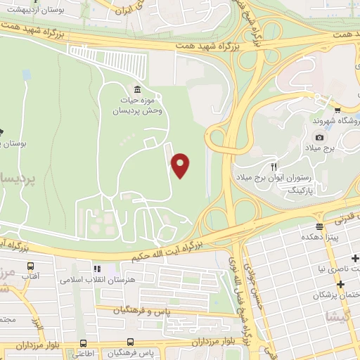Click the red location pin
pyautogui.click(x=181, y=165)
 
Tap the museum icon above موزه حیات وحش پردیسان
pyautogui.click(x=136, y=89)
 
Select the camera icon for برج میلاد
pyautogui.click(x=319, y=138)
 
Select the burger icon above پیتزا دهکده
pyautogui.click(x=319, y=226)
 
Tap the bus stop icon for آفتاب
pyautogui.click(x=30, y=267)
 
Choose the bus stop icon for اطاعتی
pyautogui.click(x=83, y=344)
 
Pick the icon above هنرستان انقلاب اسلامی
pyautogui.click(x=97, y=269)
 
